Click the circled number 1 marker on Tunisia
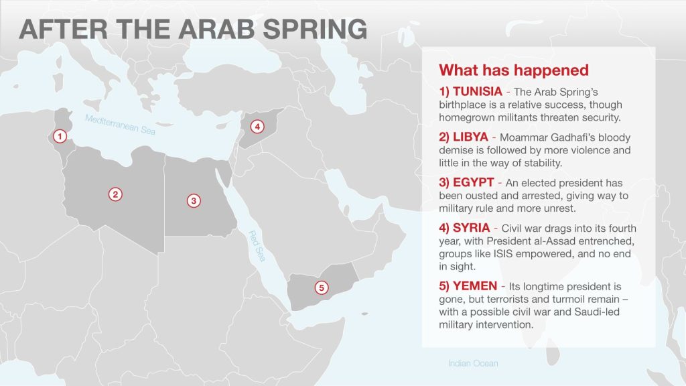[x=60, y=136]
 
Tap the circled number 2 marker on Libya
[x=115, y=194]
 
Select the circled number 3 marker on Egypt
[x=194, y=201]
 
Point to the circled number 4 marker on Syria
[x=257, y=127]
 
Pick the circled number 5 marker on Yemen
[x=322, y=287]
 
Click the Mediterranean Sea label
[x=120, y=125]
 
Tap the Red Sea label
[x=257, y=246]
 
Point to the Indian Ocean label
[x=473, y=363]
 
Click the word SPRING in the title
[x=315, y=29]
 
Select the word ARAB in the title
[x=216, y=29]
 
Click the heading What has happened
[x=514, y=70]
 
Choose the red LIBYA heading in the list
[x=470, y=137]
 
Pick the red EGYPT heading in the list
[x=474, y=182]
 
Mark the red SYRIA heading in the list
[x=471, y=228]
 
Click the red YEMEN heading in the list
[x=475, y=286]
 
